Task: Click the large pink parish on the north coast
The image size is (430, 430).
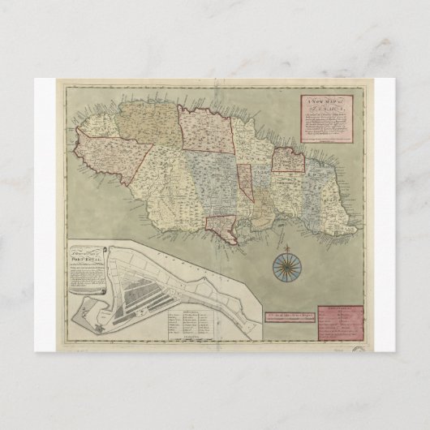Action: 204,130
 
